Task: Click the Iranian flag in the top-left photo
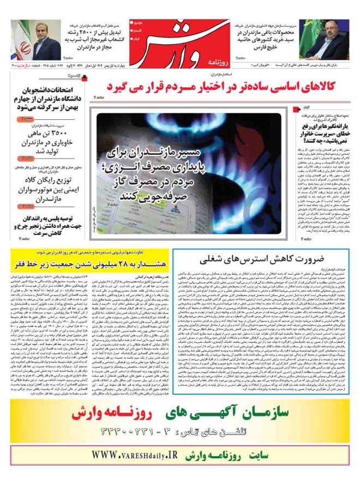21,41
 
